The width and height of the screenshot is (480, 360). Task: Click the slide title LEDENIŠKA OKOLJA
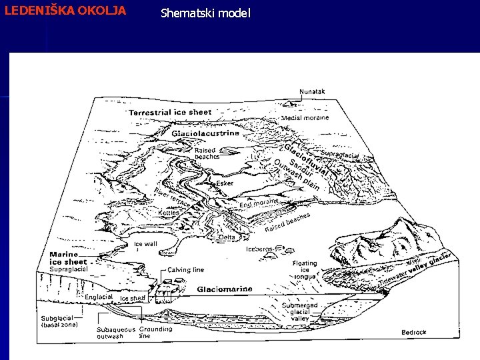coord(65,11)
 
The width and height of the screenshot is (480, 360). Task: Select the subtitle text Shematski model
coord(205,13)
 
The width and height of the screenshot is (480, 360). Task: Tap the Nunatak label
coord(312,91)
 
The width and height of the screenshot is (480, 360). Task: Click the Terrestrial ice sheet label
coord(170,113)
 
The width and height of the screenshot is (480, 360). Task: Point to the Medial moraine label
coord(305,118)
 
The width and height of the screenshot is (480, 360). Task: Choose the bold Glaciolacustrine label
coord(205,133)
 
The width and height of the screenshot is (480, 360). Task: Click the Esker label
coord(225,182)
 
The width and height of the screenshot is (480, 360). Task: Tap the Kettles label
coord(169,213)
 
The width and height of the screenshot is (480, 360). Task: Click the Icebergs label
coord(260,249)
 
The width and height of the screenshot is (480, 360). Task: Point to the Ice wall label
coord(145,244)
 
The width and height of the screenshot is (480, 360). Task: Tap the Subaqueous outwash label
coord(115,332)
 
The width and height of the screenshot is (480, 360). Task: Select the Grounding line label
coord(155,332)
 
